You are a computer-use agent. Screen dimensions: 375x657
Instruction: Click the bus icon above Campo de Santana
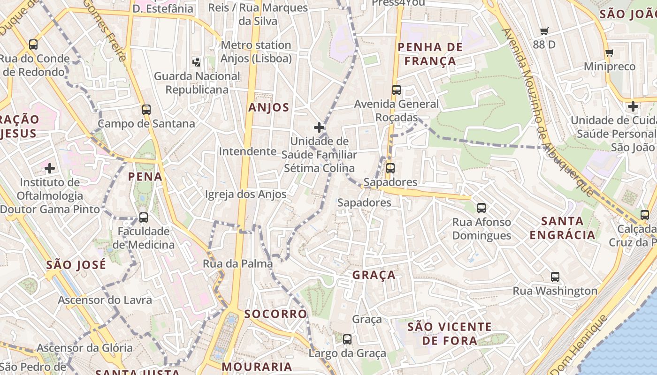pyautogui.click(x=146, y=110)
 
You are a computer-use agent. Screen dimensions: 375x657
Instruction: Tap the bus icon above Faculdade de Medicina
pyautogui.click(x=144, y=217)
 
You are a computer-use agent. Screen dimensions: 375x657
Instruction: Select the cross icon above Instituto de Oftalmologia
pyautogui.click(x=50, y=168)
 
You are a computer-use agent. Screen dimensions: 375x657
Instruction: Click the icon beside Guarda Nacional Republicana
pyautogui.click(x=197, y=62)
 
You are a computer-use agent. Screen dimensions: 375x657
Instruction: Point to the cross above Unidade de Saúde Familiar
pyautogui.click(x=319, y=127)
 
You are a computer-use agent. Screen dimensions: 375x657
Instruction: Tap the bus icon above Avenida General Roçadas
pyautogui.click(x=397, y=90)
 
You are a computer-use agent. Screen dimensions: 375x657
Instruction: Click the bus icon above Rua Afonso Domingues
pyautogui.click(x=481, y=208)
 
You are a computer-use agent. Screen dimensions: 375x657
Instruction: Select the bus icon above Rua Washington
pyautogui.click(x=555, y=277)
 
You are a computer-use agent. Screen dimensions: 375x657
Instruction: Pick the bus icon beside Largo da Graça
pyautogui.click(x=347, y=339)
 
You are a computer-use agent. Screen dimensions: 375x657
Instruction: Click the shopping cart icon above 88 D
pyautogui.click(x=544, y=31)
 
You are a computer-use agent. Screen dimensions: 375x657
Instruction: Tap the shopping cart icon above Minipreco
pyautogui.click(x=609, y=52)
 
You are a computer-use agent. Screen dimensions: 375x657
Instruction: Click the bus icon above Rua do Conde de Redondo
pyautogui.click(x=33, y=45)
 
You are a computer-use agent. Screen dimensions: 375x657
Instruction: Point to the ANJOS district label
pyautogui.click(x=269, y=107)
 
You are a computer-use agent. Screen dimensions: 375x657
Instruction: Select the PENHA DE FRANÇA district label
pyautogui.click(x=430, y=54)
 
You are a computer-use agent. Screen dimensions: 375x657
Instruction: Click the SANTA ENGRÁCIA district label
pyautogui.click(x=563, y=228)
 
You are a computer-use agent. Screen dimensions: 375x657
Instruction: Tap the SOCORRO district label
pyautogui.click(x=275, y=314)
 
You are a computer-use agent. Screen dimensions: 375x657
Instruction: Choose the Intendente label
pyautogui.click(x=247, y=151)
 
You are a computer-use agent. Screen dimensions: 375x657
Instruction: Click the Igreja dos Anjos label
pyautogui.click(x=245, y=194)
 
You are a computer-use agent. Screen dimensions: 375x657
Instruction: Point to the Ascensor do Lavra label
pyautogui.click(x=105, y=300)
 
